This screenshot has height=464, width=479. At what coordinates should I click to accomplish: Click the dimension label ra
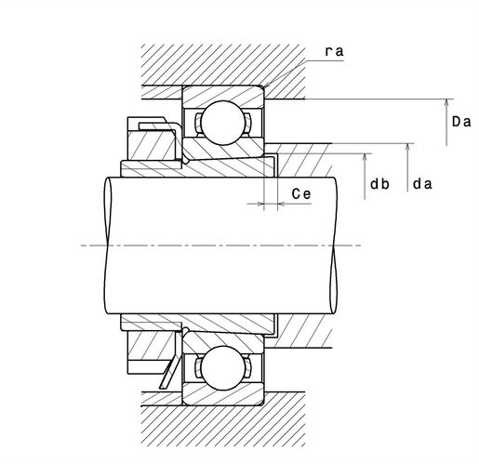(334, 51)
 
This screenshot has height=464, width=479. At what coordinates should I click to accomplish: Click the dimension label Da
(461, 122)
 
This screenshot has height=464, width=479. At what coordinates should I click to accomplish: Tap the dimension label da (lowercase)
(422, 184)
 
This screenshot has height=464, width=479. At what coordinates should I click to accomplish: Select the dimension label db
(379, 184)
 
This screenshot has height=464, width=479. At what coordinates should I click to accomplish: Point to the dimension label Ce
(301, 194)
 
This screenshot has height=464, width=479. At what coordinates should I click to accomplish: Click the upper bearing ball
(223, 123)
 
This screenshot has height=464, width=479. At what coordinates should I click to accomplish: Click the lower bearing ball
(223, 368)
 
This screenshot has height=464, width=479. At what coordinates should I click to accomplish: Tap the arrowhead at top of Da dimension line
(446, 103)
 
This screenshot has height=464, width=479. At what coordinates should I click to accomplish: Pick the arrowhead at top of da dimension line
(407, 147)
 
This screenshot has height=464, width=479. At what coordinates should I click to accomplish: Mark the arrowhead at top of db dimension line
(365, 157)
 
